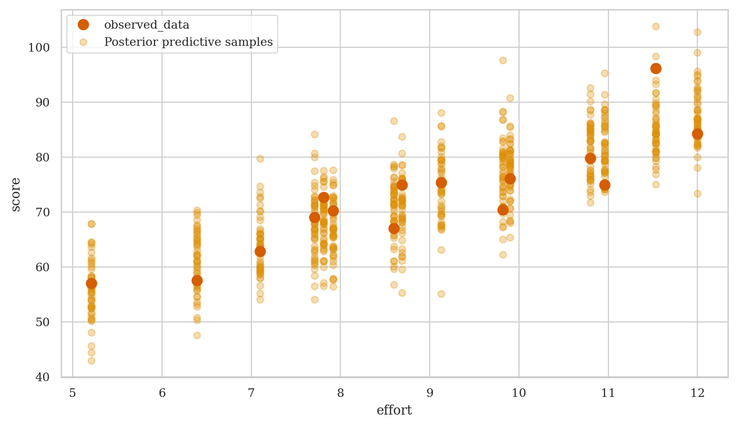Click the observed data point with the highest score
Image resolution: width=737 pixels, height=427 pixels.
click(x=656, y=68)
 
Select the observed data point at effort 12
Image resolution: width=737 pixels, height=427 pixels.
click(x=697, y=134)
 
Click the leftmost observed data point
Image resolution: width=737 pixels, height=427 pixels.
click(x=91, y=283)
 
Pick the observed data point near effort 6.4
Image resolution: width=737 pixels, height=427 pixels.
click(x=197, y=280)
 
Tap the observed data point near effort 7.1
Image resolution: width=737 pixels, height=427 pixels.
click(x=260, y=251)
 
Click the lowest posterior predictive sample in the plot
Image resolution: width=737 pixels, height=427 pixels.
click(x=91, y=361)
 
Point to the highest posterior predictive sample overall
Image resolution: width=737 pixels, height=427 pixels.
click(x=656, y=26)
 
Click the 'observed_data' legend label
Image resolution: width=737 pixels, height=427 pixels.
click(x=147, y=25)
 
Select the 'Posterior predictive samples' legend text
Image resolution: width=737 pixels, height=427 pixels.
click(x=188, y=42)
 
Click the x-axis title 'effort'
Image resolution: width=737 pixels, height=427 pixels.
click(x=394, y=410)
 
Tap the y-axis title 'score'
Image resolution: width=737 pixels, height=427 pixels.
click(x=16, y=194)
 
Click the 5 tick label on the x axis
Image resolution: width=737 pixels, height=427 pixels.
click(x=73, y=393)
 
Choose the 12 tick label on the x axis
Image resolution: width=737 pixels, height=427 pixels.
click(x=697, y=393)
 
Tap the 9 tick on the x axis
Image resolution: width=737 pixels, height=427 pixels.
click(x=430, y=393)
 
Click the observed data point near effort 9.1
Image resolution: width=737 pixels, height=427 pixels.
click(x=441, y=182)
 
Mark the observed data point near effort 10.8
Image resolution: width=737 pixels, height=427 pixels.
click(x=590, y=158)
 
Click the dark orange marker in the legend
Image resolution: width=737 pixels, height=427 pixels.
click(x=84, y=25)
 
